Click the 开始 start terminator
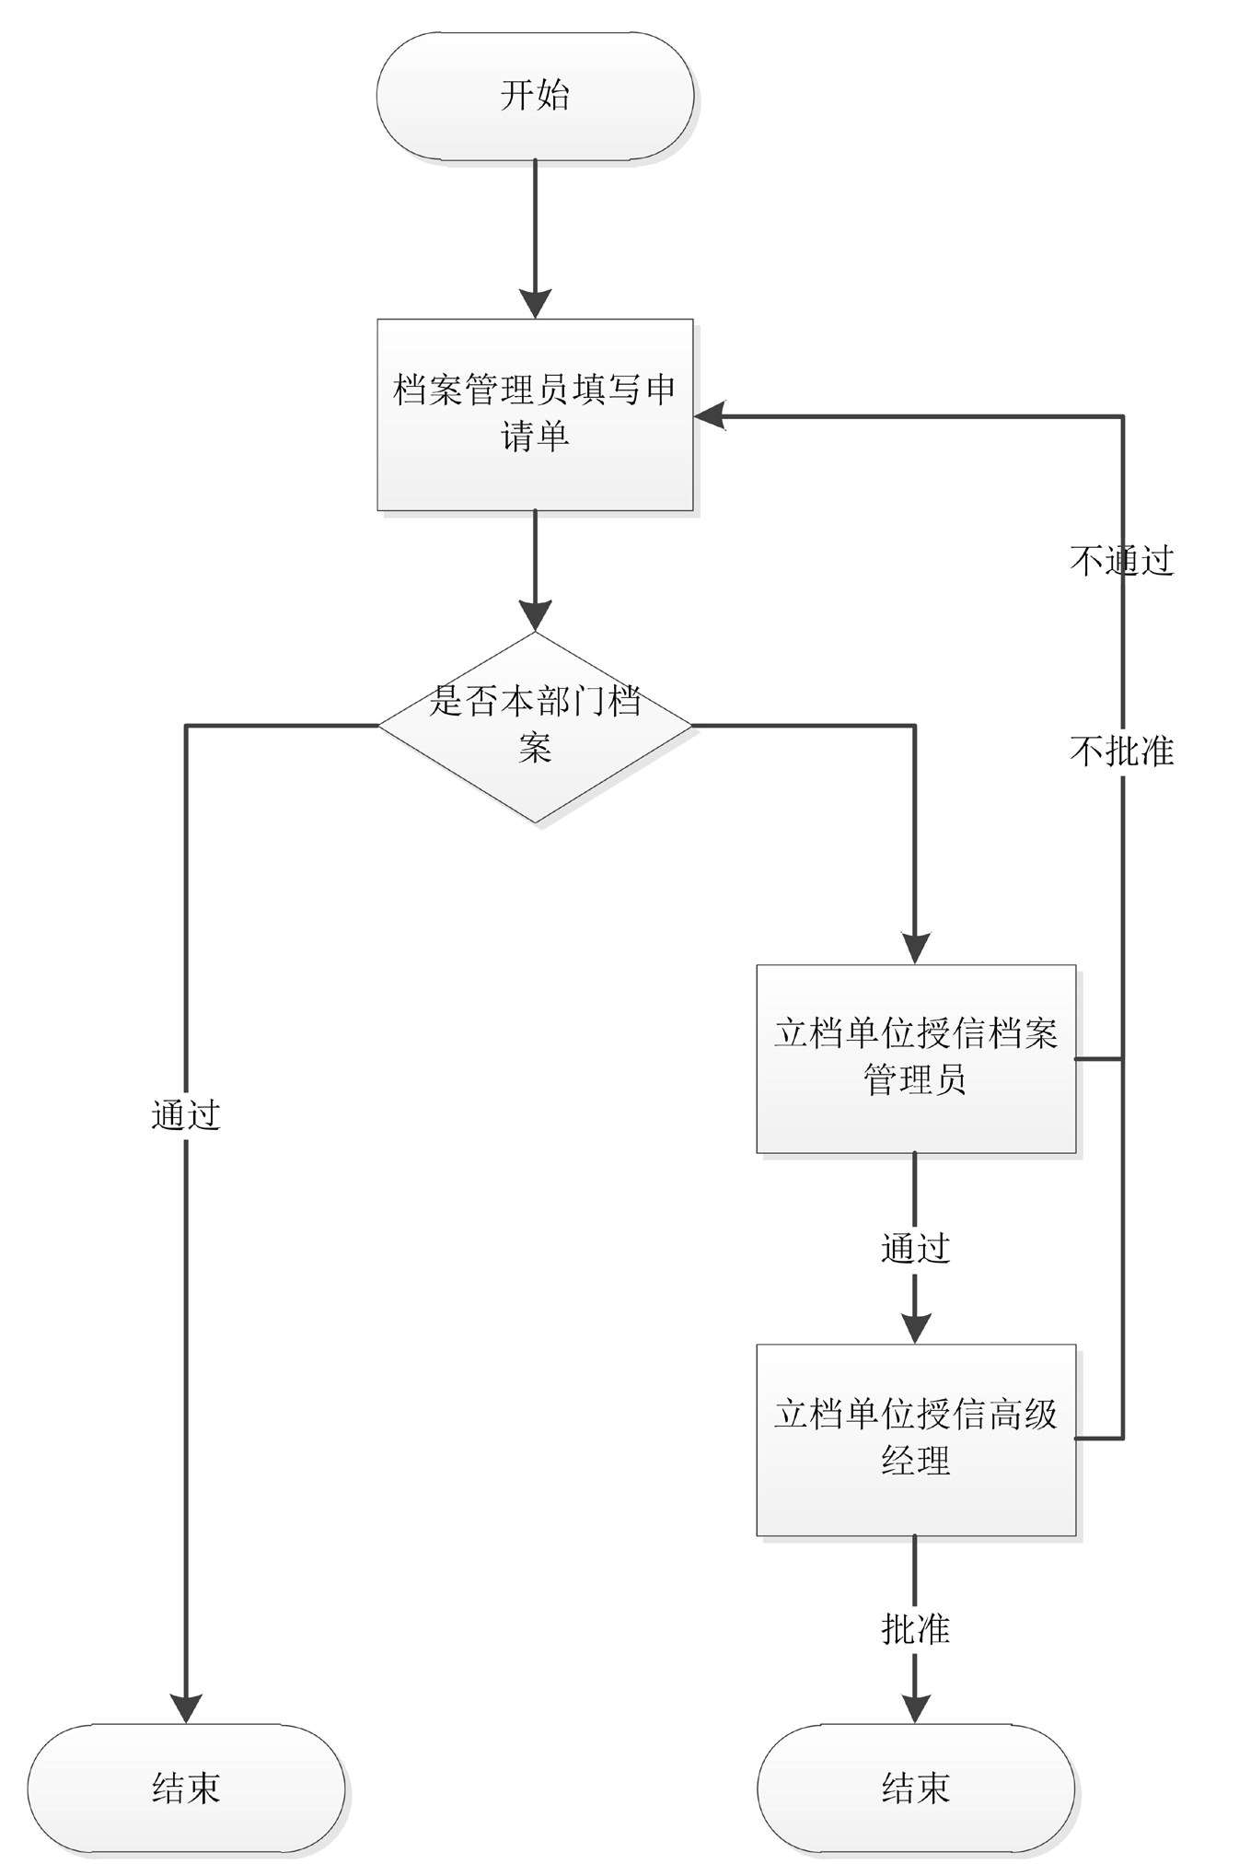click(535, 97)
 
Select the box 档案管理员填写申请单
click(535, 414)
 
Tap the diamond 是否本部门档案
click(535, 726)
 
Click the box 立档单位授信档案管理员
click(916, 1058)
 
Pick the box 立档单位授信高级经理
click(916, 1439)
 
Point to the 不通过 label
click(1122, 560)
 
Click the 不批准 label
click(1122, 752)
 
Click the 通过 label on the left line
click(186, 1115)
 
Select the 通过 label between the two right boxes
click(916, 1249)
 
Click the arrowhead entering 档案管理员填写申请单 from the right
click(711, 416)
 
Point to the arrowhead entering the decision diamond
click(535, 615)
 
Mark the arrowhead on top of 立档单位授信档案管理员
click(916, 949)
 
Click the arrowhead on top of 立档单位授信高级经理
click(916, 1328)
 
